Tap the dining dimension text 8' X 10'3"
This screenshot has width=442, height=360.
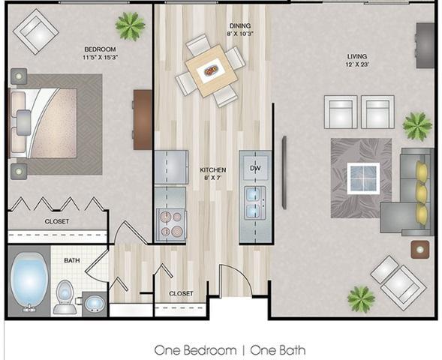(x=240, y=34)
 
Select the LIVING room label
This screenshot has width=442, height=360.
(x=357, y=56)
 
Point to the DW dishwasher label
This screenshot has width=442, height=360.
(x=255, y=168)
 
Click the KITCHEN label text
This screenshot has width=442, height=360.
(x=213, y=169)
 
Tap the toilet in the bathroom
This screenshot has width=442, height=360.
(x=65, y=297)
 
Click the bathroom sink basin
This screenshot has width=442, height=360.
(x=95, y=304)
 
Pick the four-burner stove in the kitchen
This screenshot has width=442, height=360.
(x=171, y=224)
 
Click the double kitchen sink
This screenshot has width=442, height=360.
(x=254, y=202)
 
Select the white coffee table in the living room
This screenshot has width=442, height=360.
(x=363, y=178)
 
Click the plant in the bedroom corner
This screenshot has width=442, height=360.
(x=131, y=26)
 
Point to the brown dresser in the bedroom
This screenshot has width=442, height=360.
(x=143, y=120)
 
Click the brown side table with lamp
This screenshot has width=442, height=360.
(x=420, y=250)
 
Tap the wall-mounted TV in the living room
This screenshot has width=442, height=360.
(x=284, y=172)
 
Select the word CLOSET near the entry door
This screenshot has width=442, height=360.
(x=182, y=293)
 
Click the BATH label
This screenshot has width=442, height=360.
(x=72, y=260)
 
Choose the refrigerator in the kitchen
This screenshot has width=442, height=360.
(x=171, y=167)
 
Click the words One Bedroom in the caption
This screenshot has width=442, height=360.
(x=195, y=350)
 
